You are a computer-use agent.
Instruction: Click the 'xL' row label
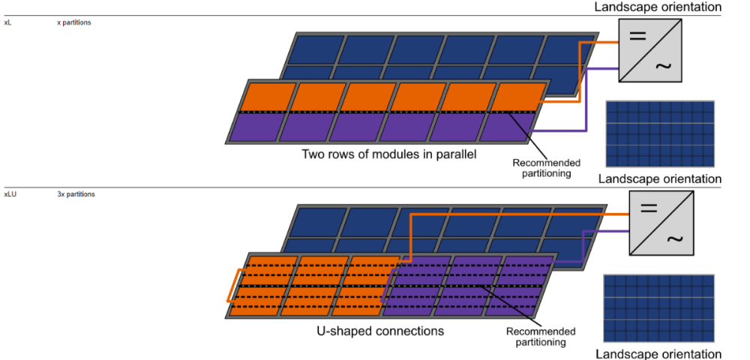(7, 22)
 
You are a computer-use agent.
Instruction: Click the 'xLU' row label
(10, 194)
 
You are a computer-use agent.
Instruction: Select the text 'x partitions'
(74, 22)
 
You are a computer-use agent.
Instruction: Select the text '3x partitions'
(76, 194)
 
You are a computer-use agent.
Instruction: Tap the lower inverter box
(661, 223)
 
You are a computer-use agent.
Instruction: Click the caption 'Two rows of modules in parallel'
(389, 154)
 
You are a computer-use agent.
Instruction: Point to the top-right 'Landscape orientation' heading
(658, 7)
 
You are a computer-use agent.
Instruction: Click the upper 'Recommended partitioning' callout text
(546, 168)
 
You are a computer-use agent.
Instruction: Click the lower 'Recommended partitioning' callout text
(541, 337)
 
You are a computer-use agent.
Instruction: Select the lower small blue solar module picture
(658, 307)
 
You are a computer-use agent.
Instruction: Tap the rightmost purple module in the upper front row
(506, 127)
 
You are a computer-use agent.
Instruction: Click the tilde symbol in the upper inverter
(664, 66)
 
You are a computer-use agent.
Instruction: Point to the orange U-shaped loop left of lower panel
(233, 285)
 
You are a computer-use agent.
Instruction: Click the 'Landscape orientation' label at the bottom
(658, 354)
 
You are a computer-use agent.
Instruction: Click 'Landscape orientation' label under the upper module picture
(659, 178)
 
